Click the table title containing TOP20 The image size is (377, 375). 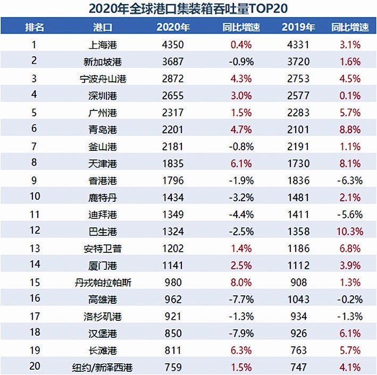(x=188, y=8)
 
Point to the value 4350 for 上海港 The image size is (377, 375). (x=173, y=45)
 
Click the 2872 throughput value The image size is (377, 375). (x=173, y=79)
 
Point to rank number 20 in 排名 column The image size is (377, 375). (x=34, y=367)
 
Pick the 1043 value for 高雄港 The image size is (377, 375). (x=298, y=300)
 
